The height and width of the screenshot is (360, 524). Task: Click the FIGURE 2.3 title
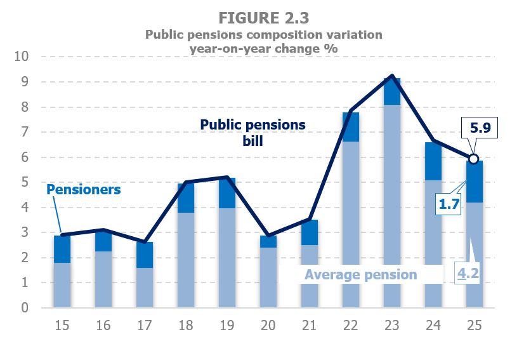(x=262, y=15)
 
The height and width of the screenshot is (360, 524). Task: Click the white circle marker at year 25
(x=473, y=159)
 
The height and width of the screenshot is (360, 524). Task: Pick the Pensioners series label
(x=83, y=189)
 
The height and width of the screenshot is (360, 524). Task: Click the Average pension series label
(x=360, y=274)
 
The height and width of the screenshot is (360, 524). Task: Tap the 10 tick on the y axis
(x=22, y=57)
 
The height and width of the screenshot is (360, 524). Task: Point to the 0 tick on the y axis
(x=25, y=308)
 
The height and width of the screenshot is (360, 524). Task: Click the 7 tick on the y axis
(x=25, y=132)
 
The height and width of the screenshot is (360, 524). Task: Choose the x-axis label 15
(x=62, y=326)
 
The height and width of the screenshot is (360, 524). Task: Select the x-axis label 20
(x=268, y=326)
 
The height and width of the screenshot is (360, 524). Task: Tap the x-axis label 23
(x=391, y=326)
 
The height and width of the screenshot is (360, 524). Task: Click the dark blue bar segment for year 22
(x=350, y=127)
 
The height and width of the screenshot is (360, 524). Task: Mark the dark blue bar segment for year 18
(x=185, y=197)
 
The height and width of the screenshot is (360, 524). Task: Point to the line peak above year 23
(x=392, y=76)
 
